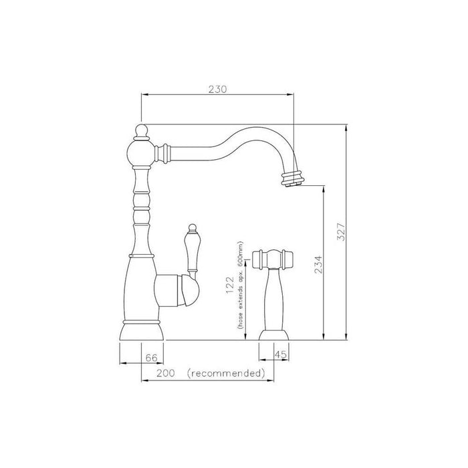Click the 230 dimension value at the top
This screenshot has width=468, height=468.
pyautogui.click(x=217, y=89)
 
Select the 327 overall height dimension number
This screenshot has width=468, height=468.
pyautogui.click(x=340, y=231)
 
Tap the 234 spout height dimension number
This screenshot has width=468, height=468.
pyautogui.click(x=318, y=265)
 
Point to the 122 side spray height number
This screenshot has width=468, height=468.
pyautogui.click(x=229, y=285)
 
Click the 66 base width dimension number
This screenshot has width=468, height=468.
pyautogui.click(x=151, y=357)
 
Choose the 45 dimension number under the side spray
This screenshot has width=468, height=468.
pyautogui.click(x=280, y=354)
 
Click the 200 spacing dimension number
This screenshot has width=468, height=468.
pyautogui.click(x=166, y=373)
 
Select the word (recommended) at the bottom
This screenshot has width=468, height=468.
pyautogui.click(x=226, y=373)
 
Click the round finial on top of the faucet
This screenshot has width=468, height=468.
pyautogui.click(x=141, y=131)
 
